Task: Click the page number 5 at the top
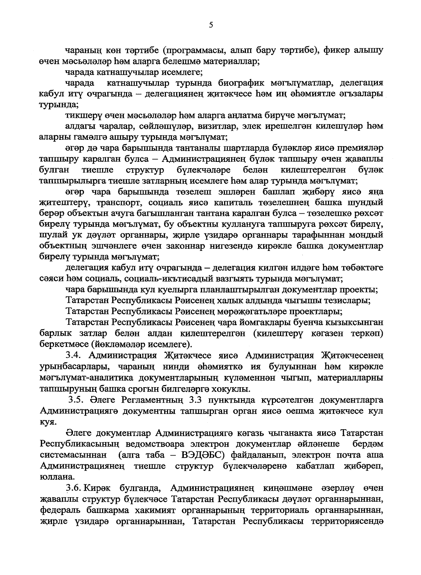pos(210,25)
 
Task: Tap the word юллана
pos(53,477)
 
